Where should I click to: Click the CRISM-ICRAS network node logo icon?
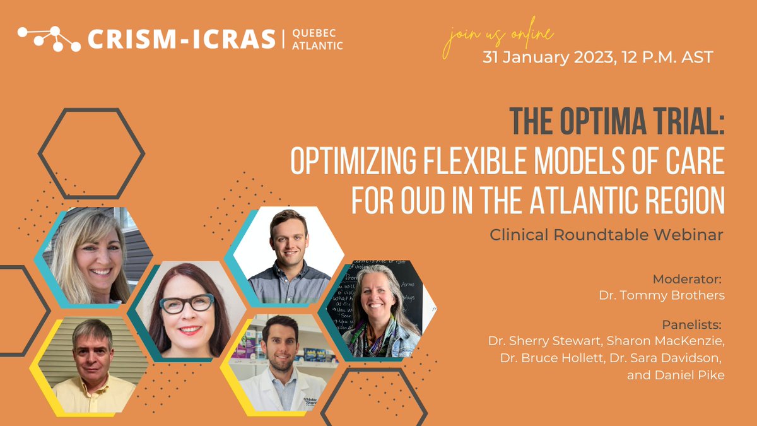point(49,39)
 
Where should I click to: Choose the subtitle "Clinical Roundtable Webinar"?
point(607,234)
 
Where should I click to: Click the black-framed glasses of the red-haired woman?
point(187,304)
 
